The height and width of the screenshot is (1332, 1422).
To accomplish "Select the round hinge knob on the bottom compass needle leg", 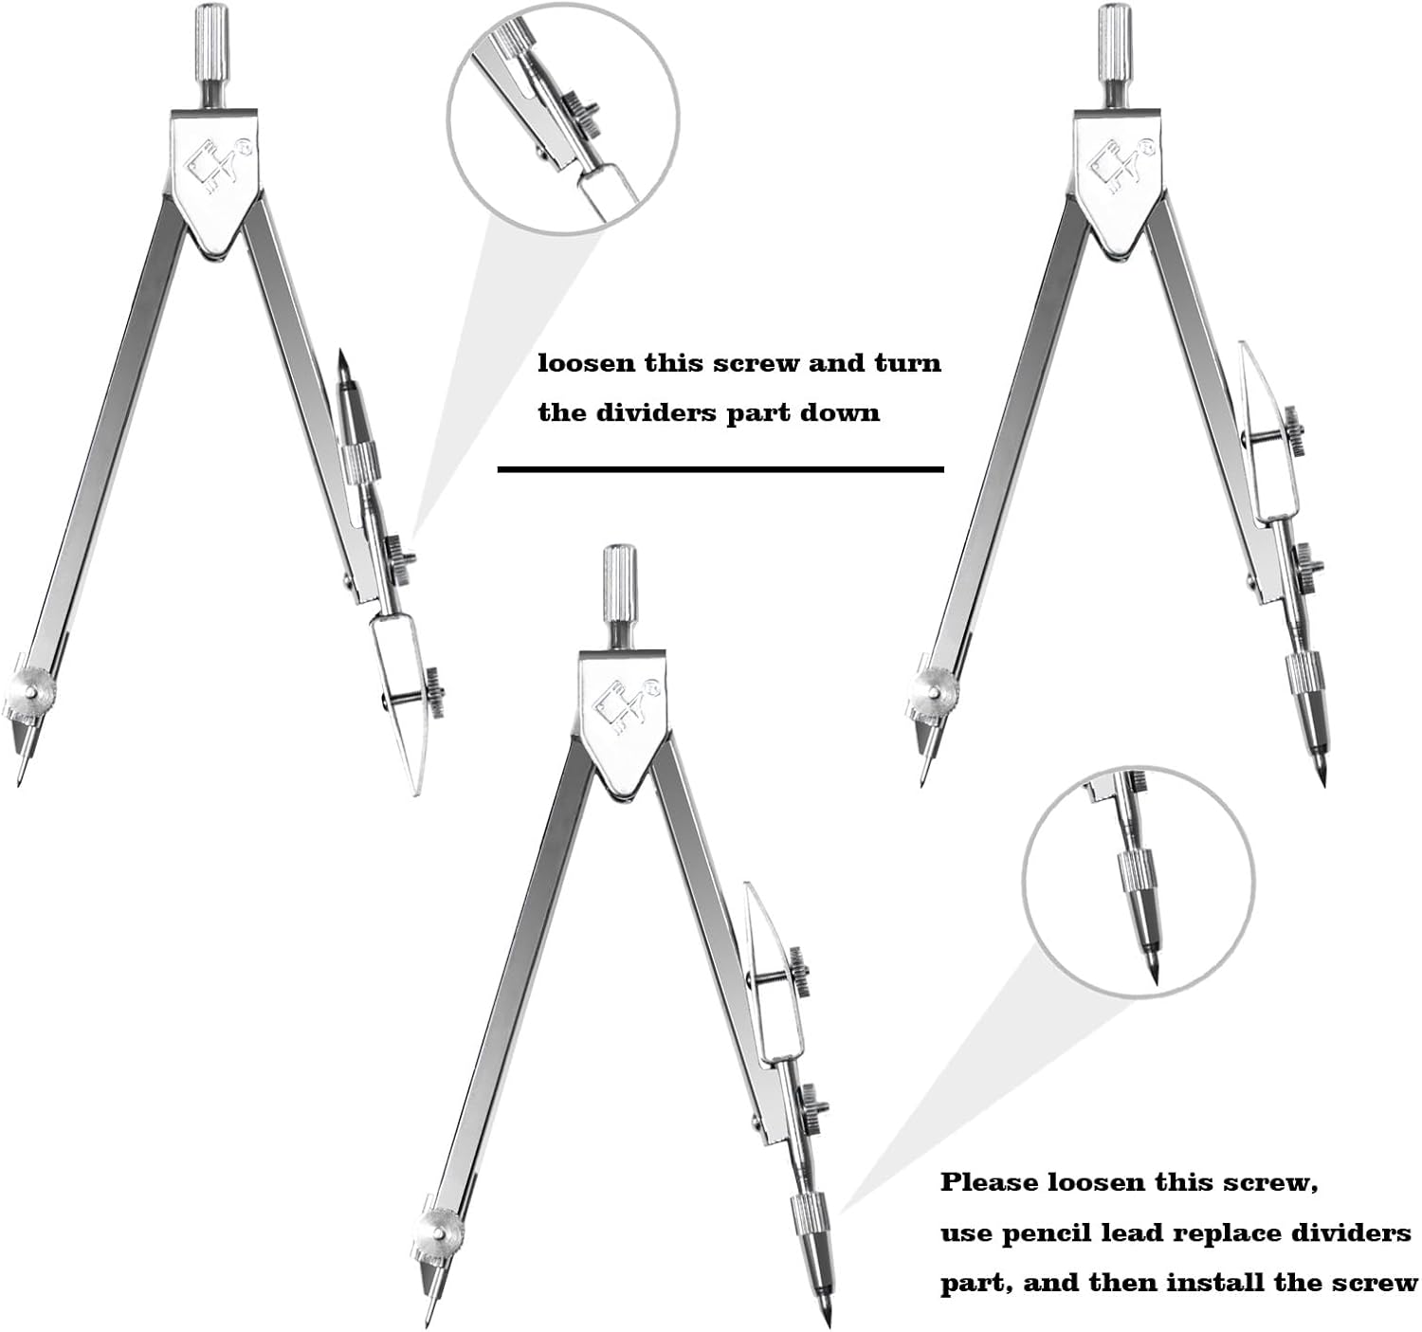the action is [x=437, y=1232].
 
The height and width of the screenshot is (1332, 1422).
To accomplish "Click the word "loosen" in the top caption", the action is [x=587, y=363].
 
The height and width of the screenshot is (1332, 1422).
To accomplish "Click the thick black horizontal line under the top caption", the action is [x=720, y=470].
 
